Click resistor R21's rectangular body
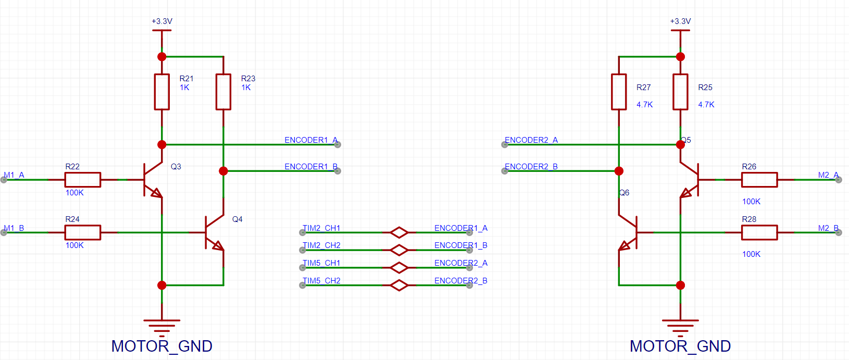(162, 92)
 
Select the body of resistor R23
(223, 92)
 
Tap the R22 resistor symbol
(83, 180)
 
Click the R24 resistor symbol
(83, 232)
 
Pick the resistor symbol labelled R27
(619, 92)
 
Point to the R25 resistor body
(680, 92)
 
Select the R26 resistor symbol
(759, 180)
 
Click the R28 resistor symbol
(759, 232)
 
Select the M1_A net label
(14, 175)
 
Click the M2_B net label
(828, 228)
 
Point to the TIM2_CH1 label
(321, 228)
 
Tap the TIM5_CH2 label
(321, 281)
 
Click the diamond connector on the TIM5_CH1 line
(399, 268)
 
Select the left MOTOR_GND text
(162, 346)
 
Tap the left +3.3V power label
(162, 21)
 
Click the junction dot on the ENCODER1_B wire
(223, 171)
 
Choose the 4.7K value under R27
(645, 105)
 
